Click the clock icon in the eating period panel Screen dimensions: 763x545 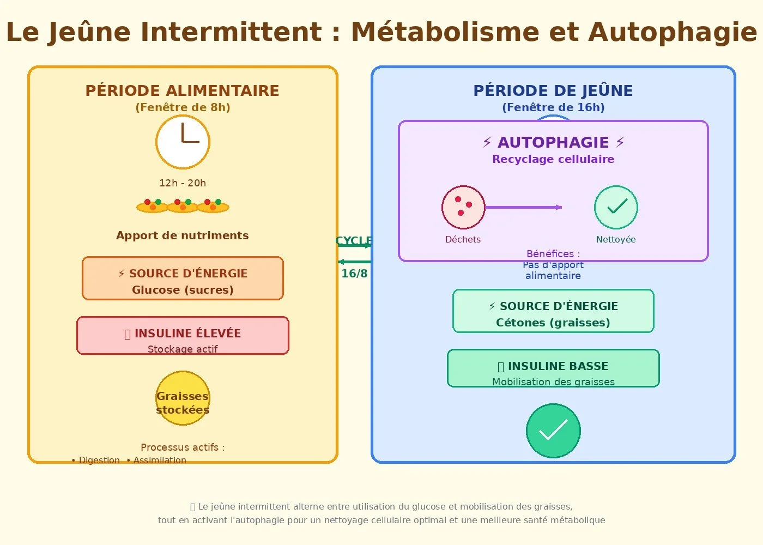click(x=183, y=142)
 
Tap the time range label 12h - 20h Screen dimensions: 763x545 click(x=183, y=183)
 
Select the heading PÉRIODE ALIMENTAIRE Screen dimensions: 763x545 click(x=182, y=90)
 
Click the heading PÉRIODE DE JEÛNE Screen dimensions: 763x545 click(x=553, y=90)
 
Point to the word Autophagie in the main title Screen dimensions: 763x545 click(x=673, y=32)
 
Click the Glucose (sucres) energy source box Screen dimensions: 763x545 click(x=183, y=278)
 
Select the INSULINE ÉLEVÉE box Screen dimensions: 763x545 click(x=183, y=336)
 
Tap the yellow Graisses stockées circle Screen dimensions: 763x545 click(x=183, y=398)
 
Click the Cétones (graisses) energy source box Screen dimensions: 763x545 click(x=553, y=311)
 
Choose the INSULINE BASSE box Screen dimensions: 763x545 click(x=553, y=368)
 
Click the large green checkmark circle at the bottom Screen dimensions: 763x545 click(x=553, y=431)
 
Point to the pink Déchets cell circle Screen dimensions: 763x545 click(x=463, y=208)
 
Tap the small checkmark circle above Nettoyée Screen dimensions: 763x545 click(x=616, y=208)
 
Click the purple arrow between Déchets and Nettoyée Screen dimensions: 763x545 click(x=523, y=207)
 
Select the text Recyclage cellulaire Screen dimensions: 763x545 click(x=553, y=159)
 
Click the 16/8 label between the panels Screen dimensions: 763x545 click(x=354, y=274)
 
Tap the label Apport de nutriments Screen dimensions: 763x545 click(x=183, y=235)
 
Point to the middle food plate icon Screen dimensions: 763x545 click(x=183, y=206)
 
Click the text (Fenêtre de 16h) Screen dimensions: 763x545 click(x=553, y=107)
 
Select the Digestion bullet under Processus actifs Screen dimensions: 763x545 click(x=98, y=461)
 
